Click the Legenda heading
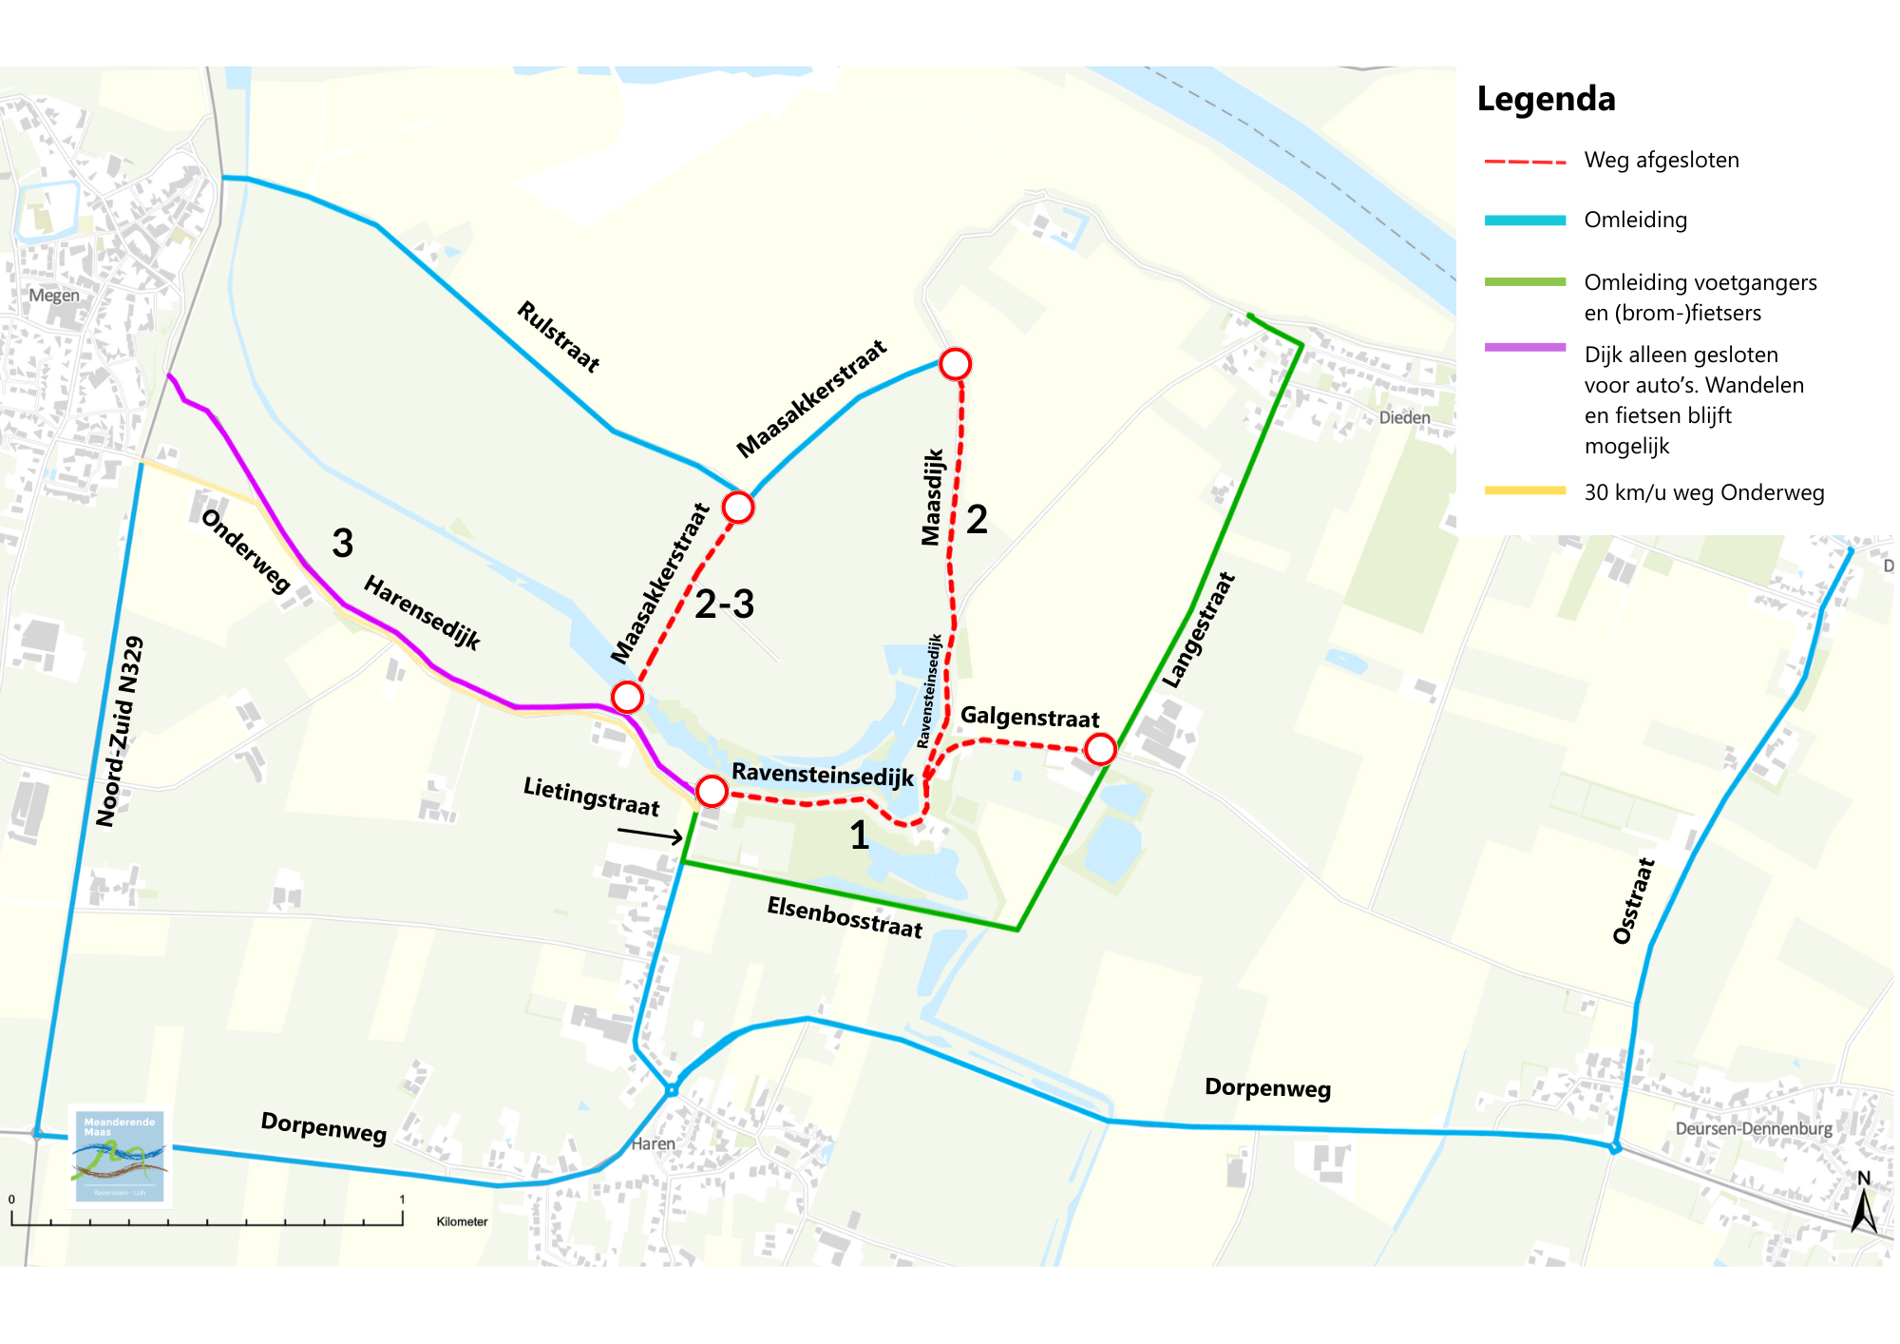pyautogui.click(x=1546, y=99)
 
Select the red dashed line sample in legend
pyautogui.click(x=1525, y=162)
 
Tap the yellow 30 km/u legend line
pyautogui.click(x=1525, y=490)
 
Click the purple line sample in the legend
pyautogui.click(x=1525, y=348)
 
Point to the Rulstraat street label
pyautogui.click(x=559, y=336)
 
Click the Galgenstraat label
pyautogui.click(x=1030, y=717)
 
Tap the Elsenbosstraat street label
pyautogui.click(x=845, y=917)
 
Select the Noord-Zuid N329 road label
pyautogui.click(x=120, y=731)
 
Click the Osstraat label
pyautogui.click(x=1634, y=900)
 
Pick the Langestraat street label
pyautogui.click(x=1199, y=630)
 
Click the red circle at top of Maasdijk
pyautogui.click(x=955, y=364)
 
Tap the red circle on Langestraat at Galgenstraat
pyautogui.click(x=1100, y=749)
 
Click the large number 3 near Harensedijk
pyautogui.click(x=343, y=544)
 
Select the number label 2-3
pyautogui.click(x=724, y=605)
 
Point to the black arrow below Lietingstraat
pyautogui.click(x=650, y=835)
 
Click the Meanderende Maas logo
pyautogui.click(x=120, y=1156)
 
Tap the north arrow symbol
pyautogui.click(x=1864, y=1205)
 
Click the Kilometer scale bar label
pyautogui.click(x=462, y=1221)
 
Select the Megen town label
pyautogui.click(x=54, y=296)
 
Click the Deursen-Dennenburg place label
pyautogui.click(x=1753, y=1129)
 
